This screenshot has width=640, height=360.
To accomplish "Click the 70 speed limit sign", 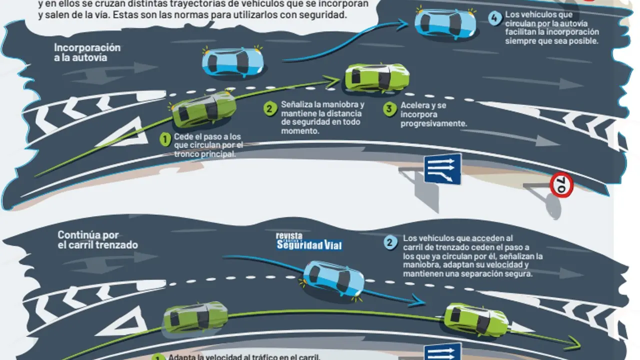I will coord(561,185).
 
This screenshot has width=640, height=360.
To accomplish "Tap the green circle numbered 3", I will coord(389,109).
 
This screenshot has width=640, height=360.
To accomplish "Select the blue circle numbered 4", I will coord(494,18).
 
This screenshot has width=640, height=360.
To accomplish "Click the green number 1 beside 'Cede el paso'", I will coord(165,139).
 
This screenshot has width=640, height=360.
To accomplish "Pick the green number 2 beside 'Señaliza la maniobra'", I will coord(270,108).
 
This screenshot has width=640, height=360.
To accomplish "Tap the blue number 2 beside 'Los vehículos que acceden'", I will coord(391,242).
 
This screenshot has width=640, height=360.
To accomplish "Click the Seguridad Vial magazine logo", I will coord(309,241).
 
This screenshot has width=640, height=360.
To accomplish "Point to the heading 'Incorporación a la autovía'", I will coord(87,52).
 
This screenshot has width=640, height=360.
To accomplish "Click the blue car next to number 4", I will coord(444,24).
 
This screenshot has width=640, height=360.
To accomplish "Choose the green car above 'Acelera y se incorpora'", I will coord(376,77).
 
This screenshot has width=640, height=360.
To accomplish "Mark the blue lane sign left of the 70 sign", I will coord(442,168).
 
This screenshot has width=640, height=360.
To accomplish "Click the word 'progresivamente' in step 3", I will coord(433,123).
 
